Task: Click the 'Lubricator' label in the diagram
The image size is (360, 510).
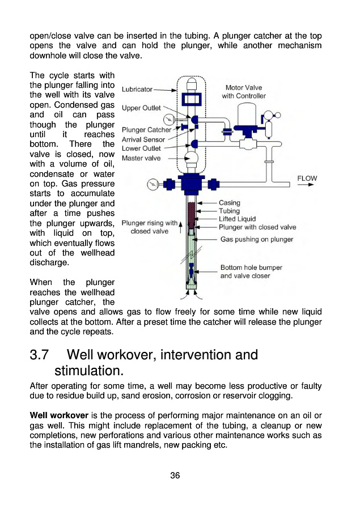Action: click(137, 90)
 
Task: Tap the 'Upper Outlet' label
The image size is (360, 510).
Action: click(141, 108)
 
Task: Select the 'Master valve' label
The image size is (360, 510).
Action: click(141, 158)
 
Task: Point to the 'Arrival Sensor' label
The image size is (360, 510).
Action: click(143, 139)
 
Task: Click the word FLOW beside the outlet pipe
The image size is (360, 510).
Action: click(307, 178)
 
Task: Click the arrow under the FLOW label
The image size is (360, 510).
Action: click(308, 185)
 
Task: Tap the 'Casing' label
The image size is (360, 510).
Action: click(229, 203)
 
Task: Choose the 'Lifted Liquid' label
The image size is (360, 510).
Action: click(237, 219)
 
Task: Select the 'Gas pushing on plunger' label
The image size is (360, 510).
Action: click(256, 239)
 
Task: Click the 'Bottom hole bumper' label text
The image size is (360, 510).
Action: click(251, 267)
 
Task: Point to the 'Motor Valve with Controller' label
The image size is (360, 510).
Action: click(244, 92)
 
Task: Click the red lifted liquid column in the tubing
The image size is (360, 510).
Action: click(191, 214)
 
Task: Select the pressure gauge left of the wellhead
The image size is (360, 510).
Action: click(152, 184)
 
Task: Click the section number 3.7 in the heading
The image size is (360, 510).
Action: click(40, 355)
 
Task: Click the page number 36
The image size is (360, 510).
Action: click(175, 475)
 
